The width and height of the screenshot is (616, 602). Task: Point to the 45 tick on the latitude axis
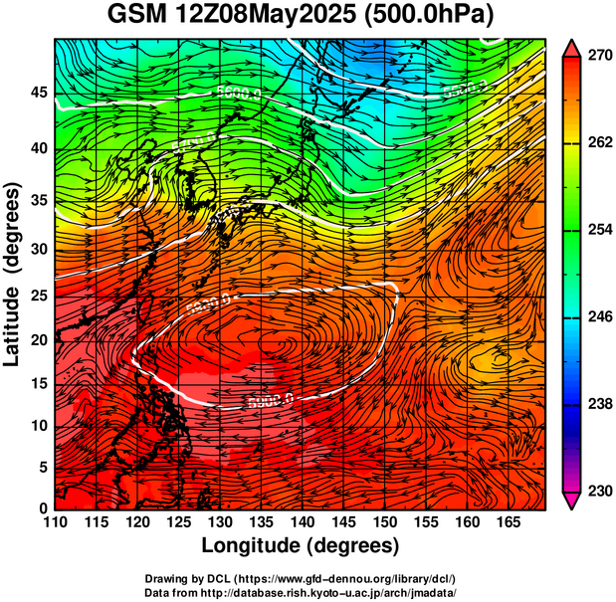pyautogui.click(x=37, y=93)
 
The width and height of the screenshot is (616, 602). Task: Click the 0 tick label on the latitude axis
pyautogui.click(x=42, y=508)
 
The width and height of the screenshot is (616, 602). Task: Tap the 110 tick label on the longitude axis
pyautogui.click(x=55, y=523)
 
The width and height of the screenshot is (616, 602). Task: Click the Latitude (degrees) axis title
pyautogui.click(x=13, y=274)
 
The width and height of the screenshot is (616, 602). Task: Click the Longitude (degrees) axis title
pyautogui.click(x=301, y=545)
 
